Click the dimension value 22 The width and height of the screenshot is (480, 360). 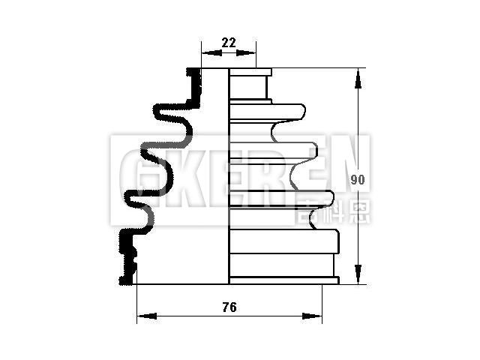229,43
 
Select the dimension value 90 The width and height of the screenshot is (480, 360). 358,180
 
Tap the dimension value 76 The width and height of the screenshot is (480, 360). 229,307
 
